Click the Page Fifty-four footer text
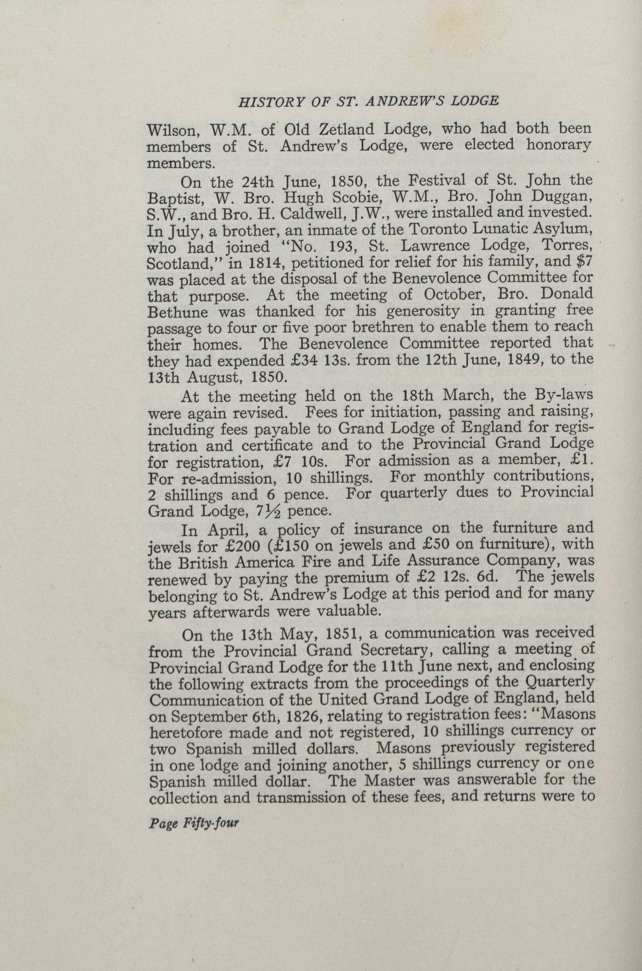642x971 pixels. [x=194, y=822]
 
